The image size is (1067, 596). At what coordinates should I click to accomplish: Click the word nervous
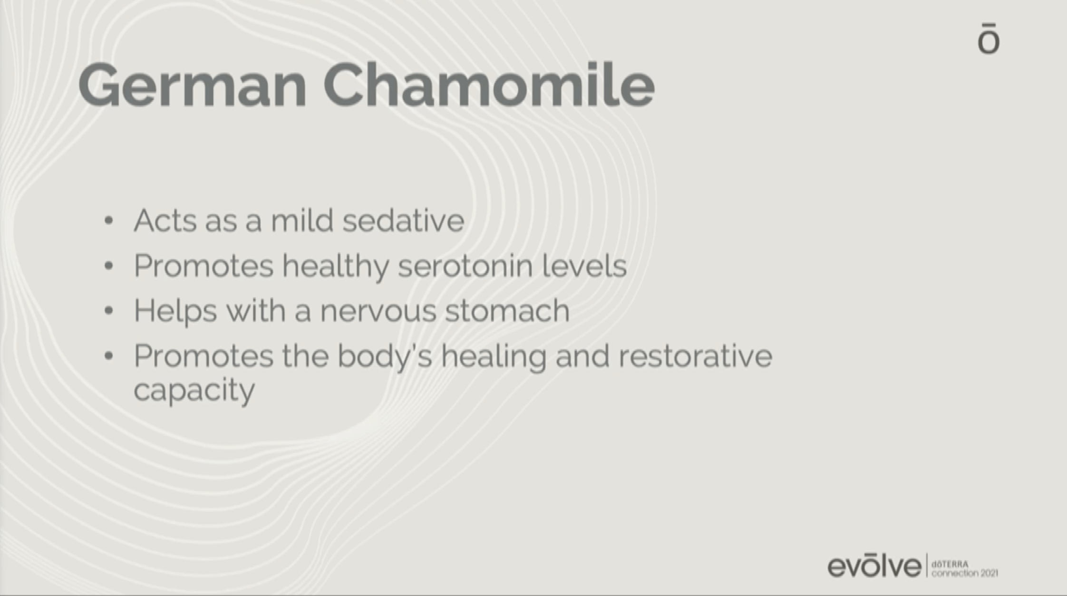pyautogui.click(x=378, y=311)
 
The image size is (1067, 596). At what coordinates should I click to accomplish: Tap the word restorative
pyautogui.click(x=695, y=356)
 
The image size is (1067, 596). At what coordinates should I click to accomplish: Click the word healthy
pyautogui.click(x=335, y=267)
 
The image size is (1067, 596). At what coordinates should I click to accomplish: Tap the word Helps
pyautogui.click(x=175, y=312)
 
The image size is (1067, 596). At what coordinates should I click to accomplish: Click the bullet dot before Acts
pyautogui.click(x=109, y=221)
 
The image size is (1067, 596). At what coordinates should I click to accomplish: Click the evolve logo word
pyautogui.click(x=874, y=566)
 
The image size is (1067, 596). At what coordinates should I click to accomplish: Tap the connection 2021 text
pyautogui.click(x=964, y=574)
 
